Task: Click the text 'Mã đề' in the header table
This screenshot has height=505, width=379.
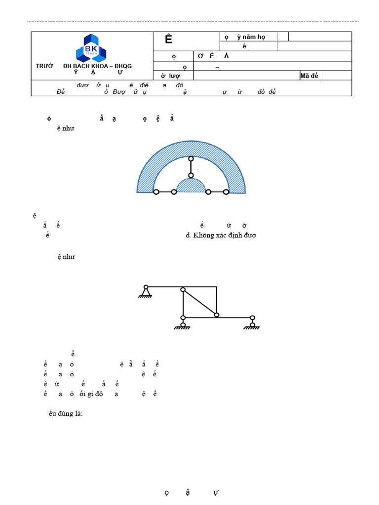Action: [310, 75]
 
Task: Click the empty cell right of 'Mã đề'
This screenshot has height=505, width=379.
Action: [337, 75]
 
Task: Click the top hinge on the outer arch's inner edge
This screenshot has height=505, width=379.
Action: [191, 158]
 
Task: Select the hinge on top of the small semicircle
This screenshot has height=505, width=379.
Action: [191, 175]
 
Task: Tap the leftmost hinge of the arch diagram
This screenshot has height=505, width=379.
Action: [156, 192]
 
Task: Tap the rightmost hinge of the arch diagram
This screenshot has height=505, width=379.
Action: [226, 192]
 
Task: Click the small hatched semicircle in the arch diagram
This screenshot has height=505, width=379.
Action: [191, 186]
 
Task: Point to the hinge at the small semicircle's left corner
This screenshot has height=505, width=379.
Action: [174, 192]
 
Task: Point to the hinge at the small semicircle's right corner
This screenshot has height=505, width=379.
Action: [208, 192]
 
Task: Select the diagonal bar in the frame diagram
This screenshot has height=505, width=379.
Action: [200, 302]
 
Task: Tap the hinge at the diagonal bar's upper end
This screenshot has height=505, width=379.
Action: [183, 289]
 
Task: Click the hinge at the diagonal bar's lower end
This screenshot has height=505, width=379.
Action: [216, 315]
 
